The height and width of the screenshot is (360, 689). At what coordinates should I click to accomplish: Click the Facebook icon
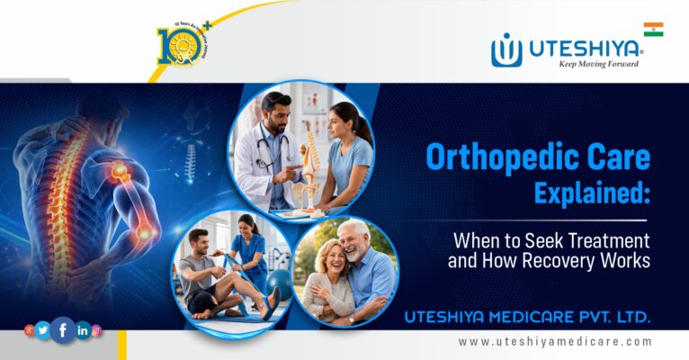63,330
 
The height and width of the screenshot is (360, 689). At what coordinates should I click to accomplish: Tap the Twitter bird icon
43,330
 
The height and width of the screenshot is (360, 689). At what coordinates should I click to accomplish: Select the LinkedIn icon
83,330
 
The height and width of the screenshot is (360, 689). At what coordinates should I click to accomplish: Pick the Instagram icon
96,330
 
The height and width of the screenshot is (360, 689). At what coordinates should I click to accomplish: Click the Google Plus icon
30,330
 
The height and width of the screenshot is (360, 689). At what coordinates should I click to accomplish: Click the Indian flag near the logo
653,30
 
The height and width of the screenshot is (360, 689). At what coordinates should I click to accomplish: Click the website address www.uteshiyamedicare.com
555,342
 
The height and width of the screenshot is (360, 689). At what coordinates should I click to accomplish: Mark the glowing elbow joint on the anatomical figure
144,232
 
